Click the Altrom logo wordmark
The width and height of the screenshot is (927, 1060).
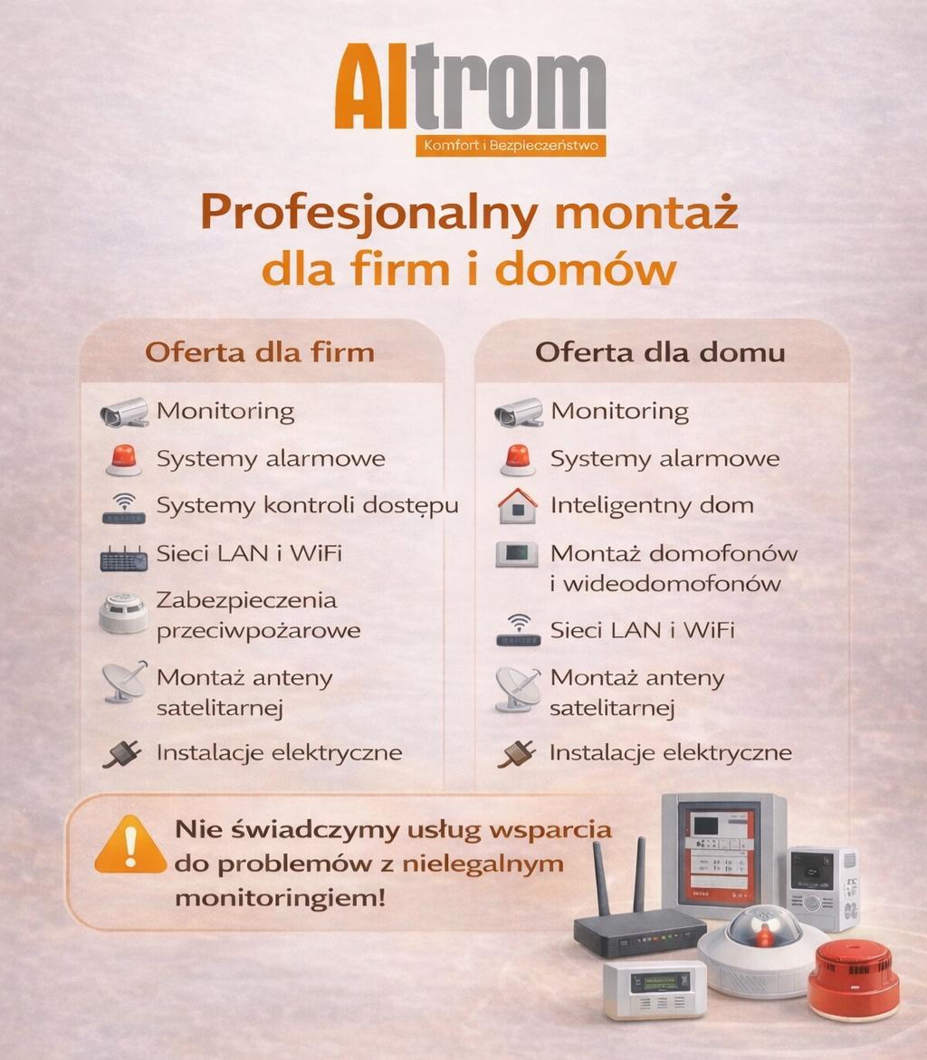[470, 87]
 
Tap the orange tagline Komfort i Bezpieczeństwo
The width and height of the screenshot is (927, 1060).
[511, 146]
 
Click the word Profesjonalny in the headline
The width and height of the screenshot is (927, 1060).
[369, 213]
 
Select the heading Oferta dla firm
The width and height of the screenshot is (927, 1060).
[260, 352]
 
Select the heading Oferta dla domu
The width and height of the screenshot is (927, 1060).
[660, 352]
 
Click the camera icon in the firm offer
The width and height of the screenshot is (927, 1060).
[124, 413]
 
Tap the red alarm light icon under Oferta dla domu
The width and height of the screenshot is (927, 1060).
[518, 460]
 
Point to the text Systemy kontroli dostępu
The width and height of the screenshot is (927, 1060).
[308, 506]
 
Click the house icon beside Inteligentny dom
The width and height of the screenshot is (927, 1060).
[518, 506]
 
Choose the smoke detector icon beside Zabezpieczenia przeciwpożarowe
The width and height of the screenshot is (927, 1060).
[123, 613]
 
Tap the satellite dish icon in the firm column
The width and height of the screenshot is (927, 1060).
[124, 682]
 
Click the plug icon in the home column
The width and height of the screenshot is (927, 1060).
[517, 753]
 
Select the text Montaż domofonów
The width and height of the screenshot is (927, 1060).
[674, 554]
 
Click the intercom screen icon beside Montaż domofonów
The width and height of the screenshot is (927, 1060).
[517, 554]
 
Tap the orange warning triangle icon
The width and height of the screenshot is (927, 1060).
[130, 845]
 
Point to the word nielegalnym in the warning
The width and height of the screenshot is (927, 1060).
[483, 864]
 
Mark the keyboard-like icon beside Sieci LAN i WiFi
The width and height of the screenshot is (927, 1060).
[124, 559]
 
